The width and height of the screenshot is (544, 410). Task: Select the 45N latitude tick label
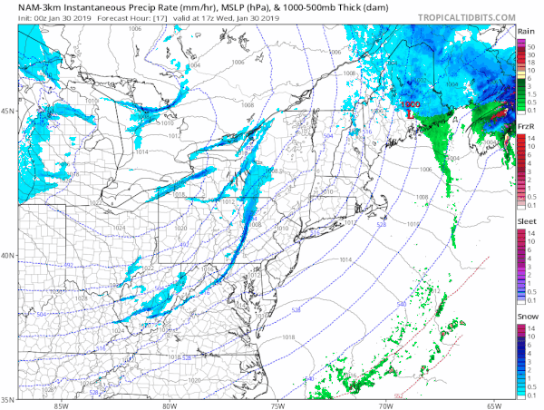tap(8, 112)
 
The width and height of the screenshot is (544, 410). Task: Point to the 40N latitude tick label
tap(8, 255)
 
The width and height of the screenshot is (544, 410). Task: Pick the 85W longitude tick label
tap(61, 405)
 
